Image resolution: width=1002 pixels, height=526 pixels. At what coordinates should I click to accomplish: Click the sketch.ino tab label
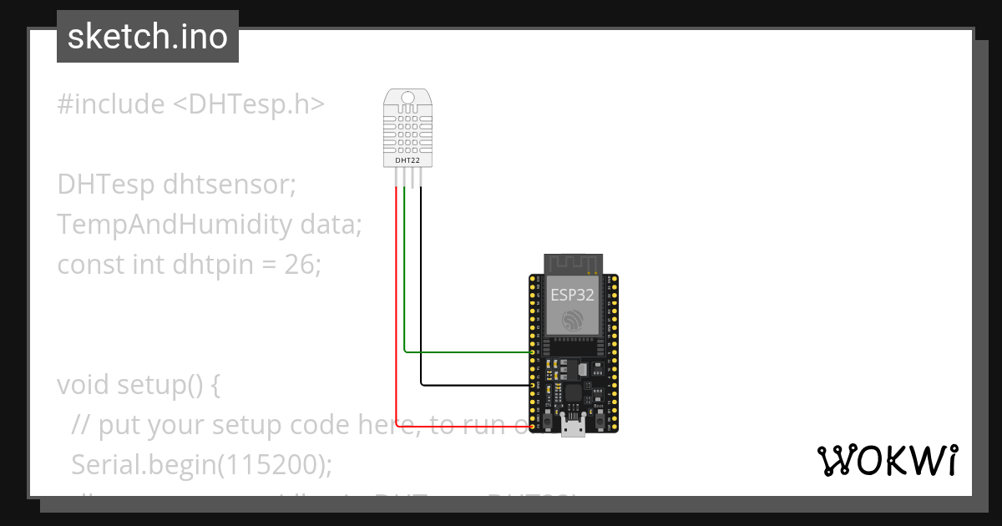[148, 37]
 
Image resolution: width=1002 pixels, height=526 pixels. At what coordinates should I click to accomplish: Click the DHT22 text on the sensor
[407, 159]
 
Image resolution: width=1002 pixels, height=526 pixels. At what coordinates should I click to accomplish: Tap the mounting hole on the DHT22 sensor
[407, 99]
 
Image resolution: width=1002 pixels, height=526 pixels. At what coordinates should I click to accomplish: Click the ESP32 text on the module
[573, 294]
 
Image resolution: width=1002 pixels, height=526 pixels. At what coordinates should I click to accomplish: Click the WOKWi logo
[887, 460]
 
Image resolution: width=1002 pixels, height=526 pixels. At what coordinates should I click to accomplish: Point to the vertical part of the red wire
[396, 301]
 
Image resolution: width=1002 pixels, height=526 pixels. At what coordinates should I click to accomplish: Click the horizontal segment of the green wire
[468, 352]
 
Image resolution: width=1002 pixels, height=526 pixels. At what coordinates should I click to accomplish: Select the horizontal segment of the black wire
[476, 385]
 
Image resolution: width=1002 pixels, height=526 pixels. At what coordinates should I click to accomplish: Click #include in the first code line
[111, 104]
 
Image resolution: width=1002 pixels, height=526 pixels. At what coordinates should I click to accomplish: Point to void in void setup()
[83, 385]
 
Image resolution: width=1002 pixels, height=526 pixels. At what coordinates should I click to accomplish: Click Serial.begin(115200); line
[201, 465]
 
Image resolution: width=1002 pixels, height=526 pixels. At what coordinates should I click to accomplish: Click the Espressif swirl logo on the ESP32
[573, 321]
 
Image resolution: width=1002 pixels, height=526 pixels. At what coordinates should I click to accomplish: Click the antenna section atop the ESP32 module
[573, 263]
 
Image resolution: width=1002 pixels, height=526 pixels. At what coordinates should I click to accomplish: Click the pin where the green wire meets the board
[533, 352]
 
